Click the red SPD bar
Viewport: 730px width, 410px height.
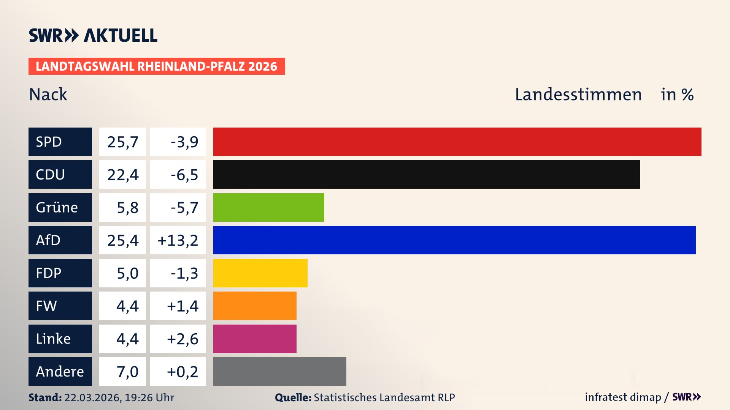click(457, 142)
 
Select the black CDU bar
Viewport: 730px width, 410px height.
click(427, 175)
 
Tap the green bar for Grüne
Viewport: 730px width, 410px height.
click(268, 207)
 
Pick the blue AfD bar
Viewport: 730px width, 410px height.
click(454, 240)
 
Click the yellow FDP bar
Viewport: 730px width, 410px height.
click(260, 273)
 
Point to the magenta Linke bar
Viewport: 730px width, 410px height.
click(255, 339)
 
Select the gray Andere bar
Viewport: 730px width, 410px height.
click(279, 371)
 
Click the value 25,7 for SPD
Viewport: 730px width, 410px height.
click(122, 142)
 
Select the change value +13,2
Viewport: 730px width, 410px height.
click(178, 240)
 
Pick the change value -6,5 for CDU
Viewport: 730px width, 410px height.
click(184, 175)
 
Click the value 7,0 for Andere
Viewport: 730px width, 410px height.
click(127, 372)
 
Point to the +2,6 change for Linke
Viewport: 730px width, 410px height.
click(182, 339)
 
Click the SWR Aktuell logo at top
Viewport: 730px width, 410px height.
click(93, 35)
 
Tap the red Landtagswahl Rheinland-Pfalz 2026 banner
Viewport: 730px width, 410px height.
click(157, 66)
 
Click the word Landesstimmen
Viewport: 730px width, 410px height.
click(578, 95)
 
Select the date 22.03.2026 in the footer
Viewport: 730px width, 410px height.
click(92, 397)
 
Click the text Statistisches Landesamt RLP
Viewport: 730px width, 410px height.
click(384, 397)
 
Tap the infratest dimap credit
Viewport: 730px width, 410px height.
click(623, 397)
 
